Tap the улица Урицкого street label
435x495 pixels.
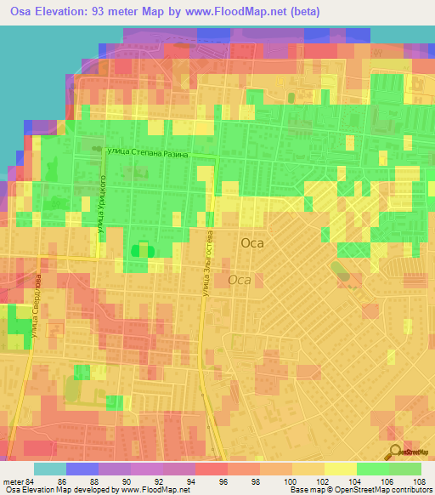(101, 203)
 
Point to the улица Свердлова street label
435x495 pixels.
(37, 306)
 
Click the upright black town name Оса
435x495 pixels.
(252, 242)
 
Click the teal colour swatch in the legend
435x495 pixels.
(50, 469)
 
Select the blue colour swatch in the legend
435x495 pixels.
(82, 469)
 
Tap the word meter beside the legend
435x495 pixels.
(11, 481)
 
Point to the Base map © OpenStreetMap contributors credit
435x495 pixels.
(359, 491)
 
